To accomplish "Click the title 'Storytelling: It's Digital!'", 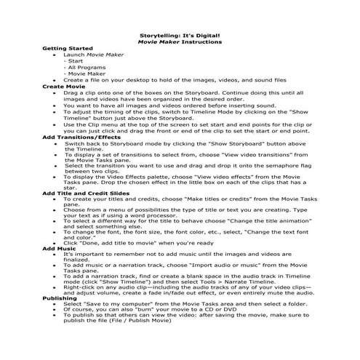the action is tap(179, 35).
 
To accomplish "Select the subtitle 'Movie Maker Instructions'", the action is tap(179, 41).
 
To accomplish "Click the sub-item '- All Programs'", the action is tap(85, 67).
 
